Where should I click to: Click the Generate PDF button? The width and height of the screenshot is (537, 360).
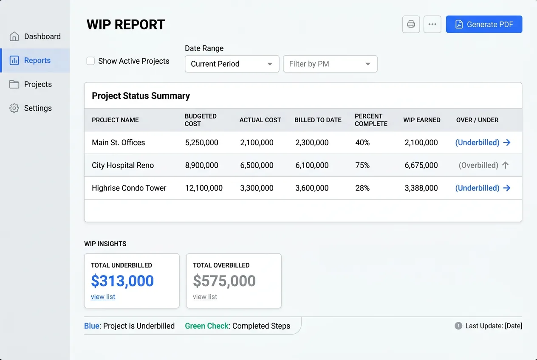pos(484,25)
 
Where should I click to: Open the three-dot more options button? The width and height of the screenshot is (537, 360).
pos(432,25)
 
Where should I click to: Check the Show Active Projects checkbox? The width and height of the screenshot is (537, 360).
pos(90,61)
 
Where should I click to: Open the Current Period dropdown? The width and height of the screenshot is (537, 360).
pos(232,64)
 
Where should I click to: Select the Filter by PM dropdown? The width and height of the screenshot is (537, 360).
pos(330,64)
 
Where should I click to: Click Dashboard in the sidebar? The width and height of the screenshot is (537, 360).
pos(42,37)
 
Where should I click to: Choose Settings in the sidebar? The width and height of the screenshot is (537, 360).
pos(38,108)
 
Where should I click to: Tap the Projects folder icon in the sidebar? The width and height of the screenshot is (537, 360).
pos(14,84)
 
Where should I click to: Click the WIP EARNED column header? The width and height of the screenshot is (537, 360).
pos(421,120)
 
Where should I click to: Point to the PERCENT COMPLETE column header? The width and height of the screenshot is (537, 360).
pos(370,120)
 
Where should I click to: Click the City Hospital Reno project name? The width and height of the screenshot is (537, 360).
pos(123,166)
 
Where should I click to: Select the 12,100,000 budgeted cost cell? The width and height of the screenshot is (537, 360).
pos(203,188)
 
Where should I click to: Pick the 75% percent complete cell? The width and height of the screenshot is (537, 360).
pos(362,166)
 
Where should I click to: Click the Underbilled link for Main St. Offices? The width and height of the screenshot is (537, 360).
pos(477,143)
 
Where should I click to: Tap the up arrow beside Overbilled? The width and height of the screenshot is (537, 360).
pos(505,166)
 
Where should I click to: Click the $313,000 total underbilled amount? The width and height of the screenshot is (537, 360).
pos(122,281)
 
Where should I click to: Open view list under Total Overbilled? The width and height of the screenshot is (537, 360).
pos(205,297)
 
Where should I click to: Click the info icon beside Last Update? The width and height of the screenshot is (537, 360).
pos(458,326)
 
